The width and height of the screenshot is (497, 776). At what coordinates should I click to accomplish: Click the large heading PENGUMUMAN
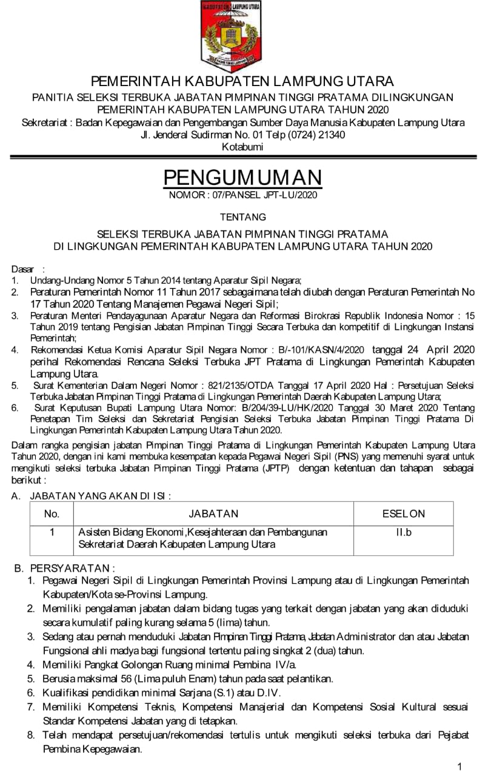pos(242,178)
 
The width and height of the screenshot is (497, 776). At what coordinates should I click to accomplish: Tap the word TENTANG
pos(242,216)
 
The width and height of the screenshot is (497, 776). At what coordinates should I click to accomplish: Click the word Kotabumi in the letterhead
pos(242,147)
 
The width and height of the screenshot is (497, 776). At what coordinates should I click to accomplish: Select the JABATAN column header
pos(213,513)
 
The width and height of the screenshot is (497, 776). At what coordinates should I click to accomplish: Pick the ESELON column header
pos(404,513)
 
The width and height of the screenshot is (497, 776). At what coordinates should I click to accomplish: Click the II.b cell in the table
pos(404,532)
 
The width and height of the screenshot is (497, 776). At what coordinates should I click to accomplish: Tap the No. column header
pos(52,513)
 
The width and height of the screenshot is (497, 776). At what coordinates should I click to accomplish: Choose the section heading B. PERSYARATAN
pos(64,568)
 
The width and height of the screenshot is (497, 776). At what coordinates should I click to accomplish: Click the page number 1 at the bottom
pos(460,767)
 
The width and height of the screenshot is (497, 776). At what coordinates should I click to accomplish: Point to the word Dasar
pos(24,269)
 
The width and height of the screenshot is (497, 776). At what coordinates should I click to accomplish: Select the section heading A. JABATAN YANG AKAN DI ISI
pos(91,495)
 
